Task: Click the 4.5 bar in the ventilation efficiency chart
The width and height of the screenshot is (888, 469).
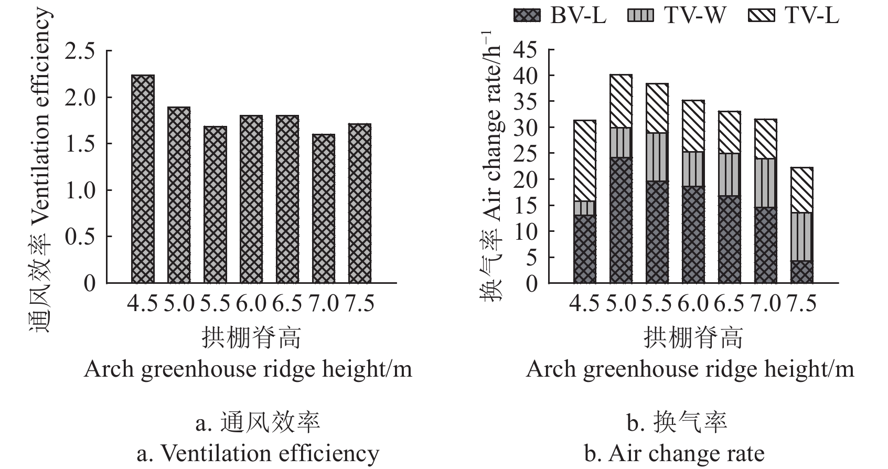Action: coord(143,179)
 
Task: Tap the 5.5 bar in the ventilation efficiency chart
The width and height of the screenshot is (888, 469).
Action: coord(215,205)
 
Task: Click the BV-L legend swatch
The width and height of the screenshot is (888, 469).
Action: coord(526,16)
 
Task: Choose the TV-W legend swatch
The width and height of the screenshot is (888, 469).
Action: coord(641,16)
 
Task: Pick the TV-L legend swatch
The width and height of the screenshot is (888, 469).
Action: coord(761,16)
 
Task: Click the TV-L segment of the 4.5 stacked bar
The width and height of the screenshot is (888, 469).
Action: coord(585,161)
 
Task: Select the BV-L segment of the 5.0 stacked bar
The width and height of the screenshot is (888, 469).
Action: coord(621,220)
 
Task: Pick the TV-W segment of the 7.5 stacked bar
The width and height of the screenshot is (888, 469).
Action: coord(802,237)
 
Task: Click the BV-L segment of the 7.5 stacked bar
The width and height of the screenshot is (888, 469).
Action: coord(802,272)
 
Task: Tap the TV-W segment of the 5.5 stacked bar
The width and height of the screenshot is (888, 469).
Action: coord(657,157)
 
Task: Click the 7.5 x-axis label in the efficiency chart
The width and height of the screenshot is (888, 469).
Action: coord(360,304)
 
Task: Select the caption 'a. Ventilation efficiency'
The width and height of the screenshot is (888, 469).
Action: coord(258,453)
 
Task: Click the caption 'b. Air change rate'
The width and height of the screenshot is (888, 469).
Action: coord(675,453)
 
